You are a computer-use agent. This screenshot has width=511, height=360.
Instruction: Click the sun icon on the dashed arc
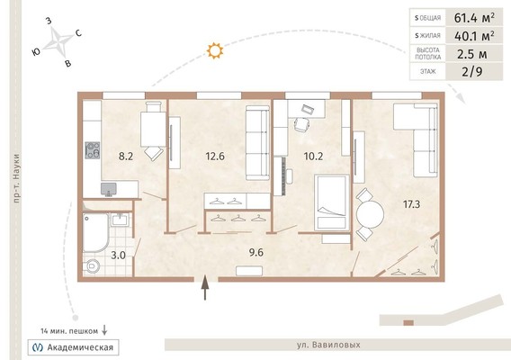click(215, 50)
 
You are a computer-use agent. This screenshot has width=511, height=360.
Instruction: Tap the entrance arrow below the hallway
click(205, 288)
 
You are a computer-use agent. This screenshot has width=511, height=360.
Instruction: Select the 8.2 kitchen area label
click(126, 157)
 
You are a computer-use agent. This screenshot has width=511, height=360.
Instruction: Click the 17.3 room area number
click(411, 204)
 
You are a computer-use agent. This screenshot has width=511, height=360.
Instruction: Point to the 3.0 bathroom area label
click(118, 255)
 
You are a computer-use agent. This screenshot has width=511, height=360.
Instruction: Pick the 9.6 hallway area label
click(256, 252)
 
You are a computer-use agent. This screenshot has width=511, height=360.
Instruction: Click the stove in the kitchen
click(93, 150)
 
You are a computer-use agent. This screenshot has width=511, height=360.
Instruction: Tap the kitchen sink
click(109, 189)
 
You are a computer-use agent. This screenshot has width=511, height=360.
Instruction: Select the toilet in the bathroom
click(93, 266)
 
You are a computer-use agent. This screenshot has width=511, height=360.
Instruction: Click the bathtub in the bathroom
click(95, 232)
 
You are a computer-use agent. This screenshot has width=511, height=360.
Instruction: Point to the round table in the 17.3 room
click(371, 214)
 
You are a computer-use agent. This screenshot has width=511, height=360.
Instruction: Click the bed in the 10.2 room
click(332, 202)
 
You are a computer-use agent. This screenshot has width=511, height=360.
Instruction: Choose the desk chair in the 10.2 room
click(301, 124)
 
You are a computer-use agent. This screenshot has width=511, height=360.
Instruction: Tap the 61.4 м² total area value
click(474, 18)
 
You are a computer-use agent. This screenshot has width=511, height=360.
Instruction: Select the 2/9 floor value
click(472, 71)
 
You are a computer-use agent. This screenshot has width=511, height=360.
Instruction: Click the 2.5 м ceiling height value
click(472, 54)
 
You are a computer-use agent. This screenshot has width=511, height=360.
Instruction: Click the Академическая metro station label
click(80, 347)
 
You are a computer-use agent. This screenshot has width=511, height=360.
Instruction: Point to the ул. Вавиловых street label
click(328, 345)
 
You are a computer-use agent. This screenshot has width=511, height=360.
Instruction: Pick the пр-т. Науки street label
click(16, 178)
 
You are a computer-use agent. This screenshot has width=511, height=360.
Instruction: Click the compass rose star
click(58, 42)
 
